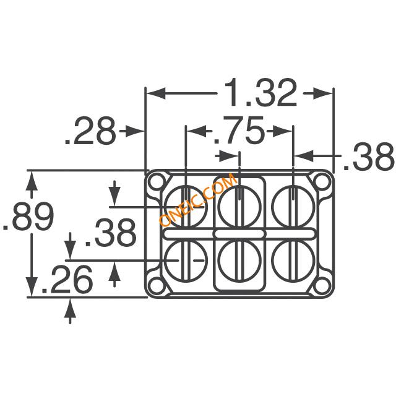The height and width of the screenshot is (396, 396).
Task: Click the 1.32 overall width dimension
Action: [260, 93]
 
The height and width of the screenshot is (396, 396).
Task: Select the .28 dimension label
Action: [90, 131]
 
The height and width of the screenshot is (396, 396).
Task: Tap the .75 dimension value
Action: [239, 130]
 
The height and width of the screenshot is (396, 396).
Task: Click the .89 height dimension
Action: [28, 217]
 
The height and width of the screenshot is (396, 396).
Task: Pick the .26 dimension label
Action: [67, 279]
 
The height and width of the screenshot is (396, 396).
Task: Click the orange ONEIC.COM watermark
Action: [198, 199]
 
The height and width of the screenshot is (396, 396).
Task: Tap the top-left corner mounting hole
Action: [157, 181]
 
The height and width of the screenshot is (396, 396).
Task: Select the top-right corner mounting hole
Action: [322, 181]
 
